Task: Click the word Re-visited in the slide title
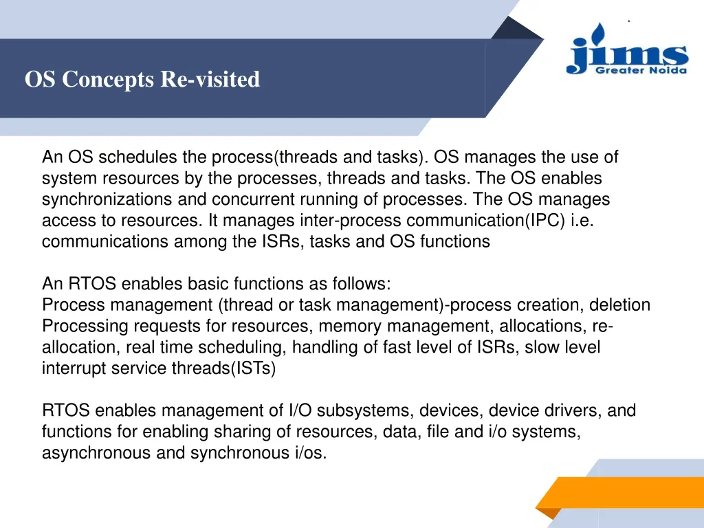pyautogui.click(x=210, y=80)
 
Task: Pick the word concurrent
pyautogui.click(x=250, y=199)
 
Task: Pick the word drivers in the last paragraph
pyautogui.click(x=576, y=411)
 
